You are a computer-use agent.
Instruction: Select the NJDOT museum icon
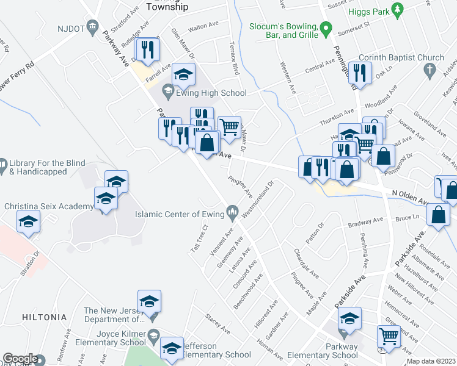tap(93, 26)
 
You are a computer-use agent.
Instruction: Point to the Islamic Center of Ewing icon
tap(232, 214)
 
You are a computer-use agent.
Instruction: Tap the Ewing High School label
tap(212, 93)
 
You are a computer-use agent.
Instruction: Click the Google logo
tap(20, 359)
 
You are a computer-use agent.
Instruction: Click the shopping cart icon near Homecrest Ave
tap(389, 335)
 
